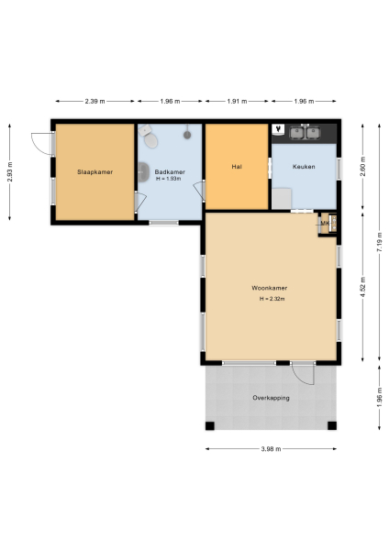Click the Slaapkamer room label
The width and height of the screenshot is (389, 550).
pos(94,171)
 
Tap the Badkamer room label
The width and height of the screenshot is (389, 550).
pos(169,171)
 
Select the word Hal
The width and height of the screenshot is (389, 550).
pos(237,167)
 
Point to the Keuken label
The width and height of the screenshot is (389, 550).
pos(304,167)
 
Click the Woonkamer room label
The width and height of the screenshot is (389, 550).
pos(269,289)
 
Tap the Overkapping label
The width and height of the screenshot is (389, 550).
pos(271,398)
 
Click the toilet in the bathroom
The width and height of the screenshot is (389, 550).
pos(151,140)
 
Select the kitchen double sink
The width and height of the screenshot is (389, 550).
pos(305,133)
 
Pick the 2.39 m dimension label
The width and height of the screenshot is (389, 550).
pos(94,101)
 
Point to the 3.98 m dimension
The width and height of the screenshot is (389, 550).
pos(271,449)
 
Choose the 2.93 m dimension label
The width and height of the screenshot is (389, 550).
pos(10,171)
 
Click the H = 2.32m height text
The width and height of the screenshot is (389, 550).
pos(272,299)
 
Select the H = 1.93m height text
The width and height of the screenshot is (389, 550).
pos(170,180)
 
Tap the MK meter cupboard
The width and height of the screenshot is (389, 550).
pos(325,223)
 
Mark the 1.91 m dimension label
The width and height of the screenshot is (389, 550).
pos(237,101)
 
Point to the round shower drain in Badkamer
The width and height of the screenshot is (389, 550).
pos(187,134)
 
